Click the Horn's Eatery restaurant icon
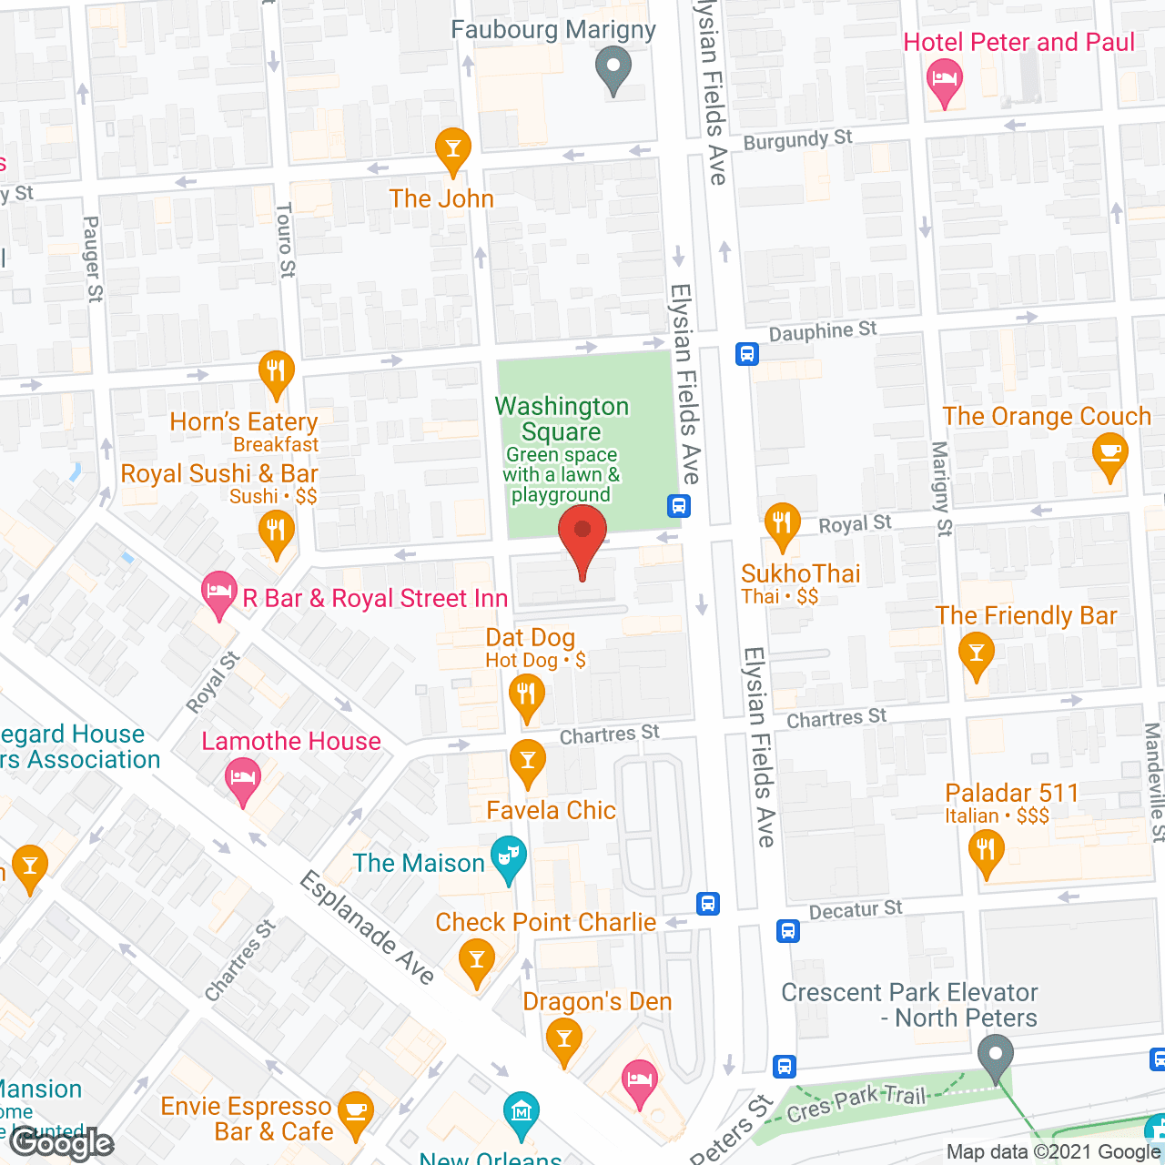[x=276, y=371]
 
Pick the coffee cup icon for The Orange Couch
[x=1109, y=453]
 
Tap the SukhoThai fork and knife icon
[x=782, y=523]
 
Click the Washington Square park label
[x=562, y=419]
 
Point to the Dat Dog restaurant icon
[x=526, y=695]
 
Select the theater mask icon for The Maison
[x=509, y=856]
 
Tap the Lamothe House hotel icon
[x=242, y=778]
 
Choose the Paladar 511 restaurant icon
[x=987, y=852]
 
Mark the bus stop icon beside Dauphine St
[x=747, y=354]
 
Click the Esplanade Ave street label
[x=368, y=927]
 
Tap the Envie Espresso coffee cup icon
[x=355, y=1112]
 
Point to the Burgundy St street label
[x=797, y=139]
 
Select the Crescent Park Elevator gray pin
[x=995, y=1056]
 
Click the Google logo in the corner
[x=62, y=1143]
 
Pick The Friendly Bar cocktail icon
[x=976, y=653]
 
